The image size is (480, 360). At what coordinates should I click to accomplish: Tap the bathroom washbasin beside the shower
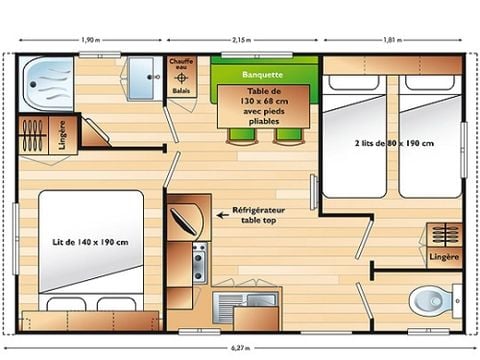[143, 73]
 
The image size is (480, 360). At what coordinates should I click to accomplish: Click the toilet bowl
[431, 297]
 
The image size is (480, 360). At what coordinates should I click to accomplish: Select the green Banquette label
[261, 75]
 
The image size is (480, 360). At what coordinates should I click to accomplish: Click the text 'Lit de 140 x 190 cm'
[90, 242]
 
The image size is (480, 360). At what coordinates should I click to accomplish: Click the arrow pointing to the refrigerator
[222, 213]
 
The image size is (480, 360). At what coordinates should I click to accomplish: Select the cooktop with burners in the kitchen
[199, 262]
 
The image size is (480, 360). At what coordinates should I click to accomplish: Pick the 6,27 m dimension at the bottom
[239, 349]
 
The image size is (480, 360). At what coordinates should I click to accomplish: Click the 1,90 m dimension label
[88, 40]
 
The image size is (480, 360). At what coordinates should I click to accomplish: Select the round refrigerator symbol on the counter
[185, 214]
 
